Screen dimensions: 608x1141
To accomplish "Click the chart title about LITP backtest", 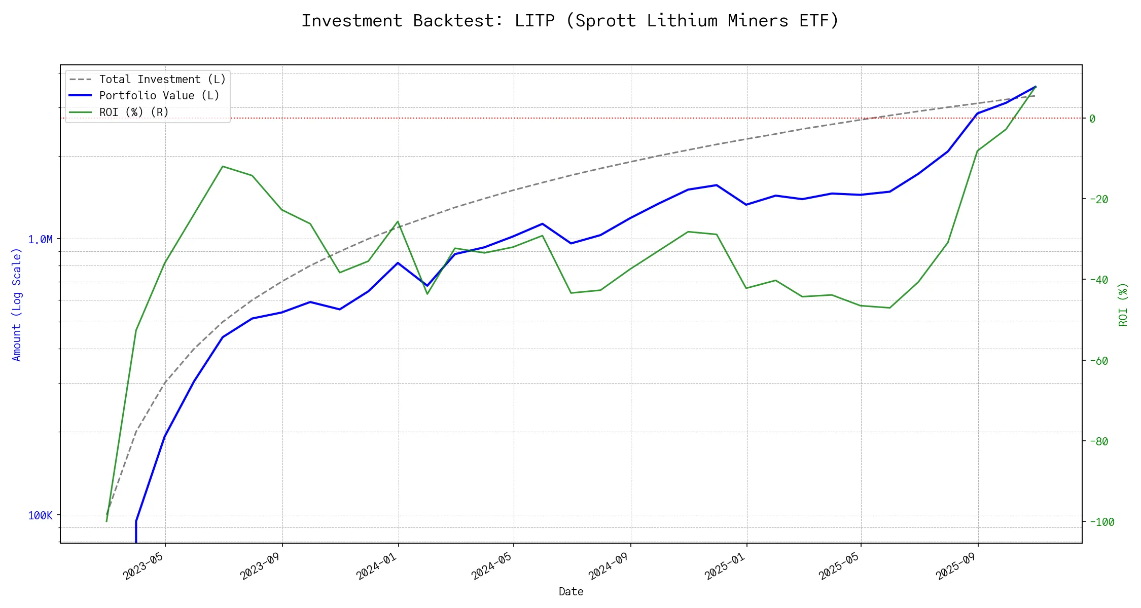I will pos(570,21).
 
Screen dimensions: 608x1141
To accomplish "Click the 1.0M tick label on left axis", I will pos(40,239).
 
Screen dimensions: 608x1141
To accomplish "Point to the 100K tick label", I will pos(40,516).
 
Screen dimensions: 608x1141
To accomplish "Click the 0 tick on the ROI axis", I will pos(1092,119).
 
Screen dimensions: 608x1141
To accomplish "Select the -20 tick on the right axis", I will pos(1098,199).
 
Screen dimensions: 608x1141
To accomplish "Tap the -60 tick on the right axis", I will pos(1098,361).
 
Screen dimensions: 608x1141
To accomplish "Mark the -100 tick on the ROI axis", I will pos(1101,522).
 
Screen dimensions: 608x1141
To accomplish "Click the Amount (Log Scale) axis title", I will pos(17,305).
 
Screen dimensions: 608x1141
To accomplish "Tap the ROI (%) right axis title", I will pos(1123,305).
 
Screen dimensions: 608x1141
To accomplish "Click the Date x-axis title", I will pos(571,592).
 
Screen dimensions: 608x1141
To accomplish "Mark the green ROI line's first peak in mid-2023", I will pos(223,166).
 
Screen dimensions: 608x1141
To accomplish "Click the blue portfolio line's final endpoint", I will pos(1036,87).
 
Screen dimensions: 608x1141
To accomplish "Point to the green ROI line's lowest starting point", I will pos(106,521).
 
